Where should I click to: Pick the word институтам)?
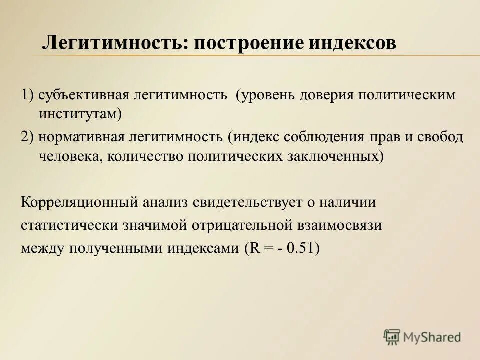pos(80,114)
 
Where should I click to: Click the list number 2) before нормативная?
pos(27,137)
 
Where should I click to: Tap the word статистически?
pos(68,225)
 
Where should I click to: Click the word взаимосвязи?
pos(339,225)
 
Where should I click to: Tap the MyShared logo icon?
pos(392,336)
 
